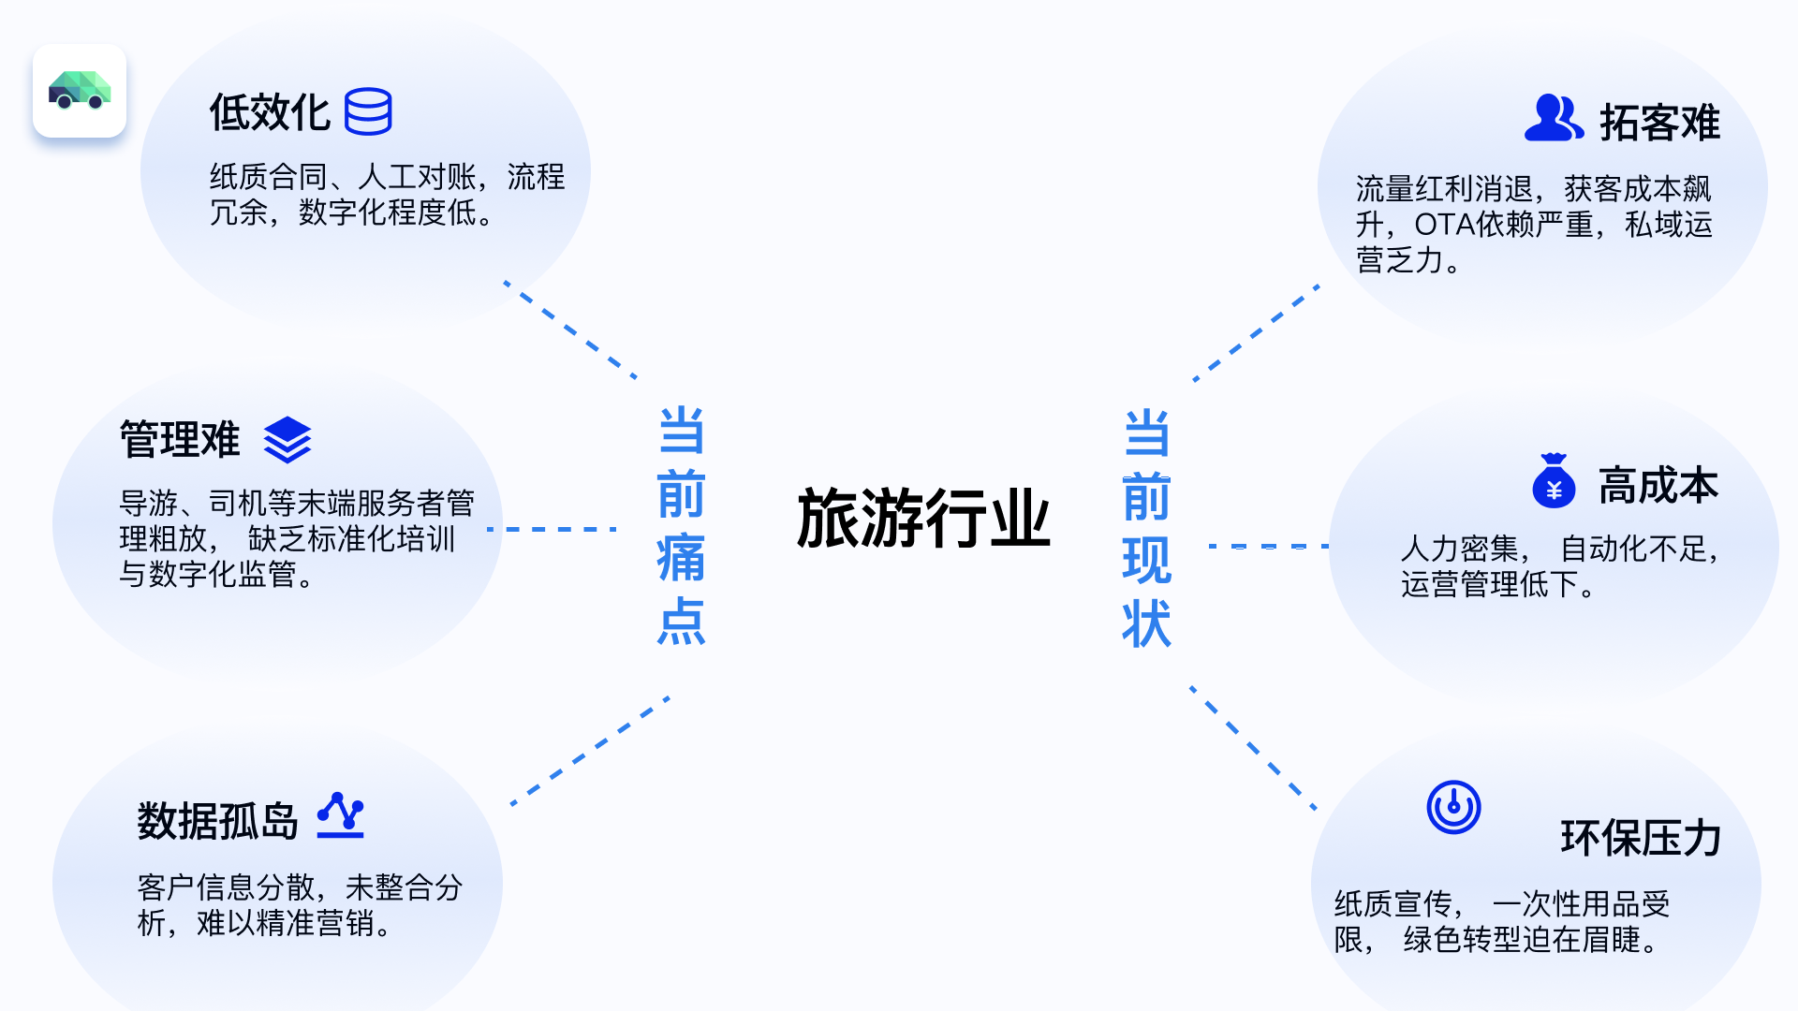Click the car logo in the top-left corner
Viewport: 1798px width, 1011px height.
(x=80, y=91)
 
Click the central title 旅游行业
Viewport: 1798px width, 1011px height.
(x=923, y=518)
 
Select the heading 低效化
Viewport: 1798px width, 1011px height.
(x=270, y=113)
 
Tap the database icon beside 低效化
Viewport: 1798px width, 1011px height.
(x=368, y=112)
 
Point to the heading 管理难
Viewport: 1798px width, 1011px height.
(x=180, y=439)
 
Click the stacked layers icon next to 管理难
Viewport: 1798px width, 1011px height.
(x=287, y=440)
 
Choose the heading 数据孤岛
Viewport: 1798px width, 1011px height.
(x=217, y=821)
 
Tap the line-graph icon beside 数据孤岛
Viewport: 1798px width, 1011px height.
(x=341, y=815)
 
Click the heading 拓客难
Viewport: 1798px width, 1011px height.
(x=1659, y=123)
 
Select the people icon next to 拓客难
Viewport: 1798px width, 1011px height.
(x=1554, y=118)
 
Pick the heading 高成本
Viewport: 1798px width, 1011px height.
(x=1658, y=486)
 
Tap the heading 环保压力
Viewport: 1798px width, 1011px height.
(x=1641, y=838)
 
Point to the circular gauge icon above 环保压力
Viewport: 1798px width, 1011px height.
(x=1453, y=807)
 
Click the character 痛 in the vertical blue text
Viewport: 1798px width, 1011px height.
(x=681, y=558)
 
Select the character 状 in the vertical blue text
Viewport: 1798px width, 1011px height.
(x=1146, y=623)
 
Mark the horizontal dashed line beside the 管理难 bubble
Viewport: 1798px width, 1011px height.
(x=553, y=529)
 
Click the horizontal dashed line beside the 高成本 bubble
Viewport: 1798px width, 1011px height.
(x=1269, y=546)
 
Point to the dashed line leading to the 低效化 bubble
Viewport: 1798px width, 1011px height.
(x=571, y=330)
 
